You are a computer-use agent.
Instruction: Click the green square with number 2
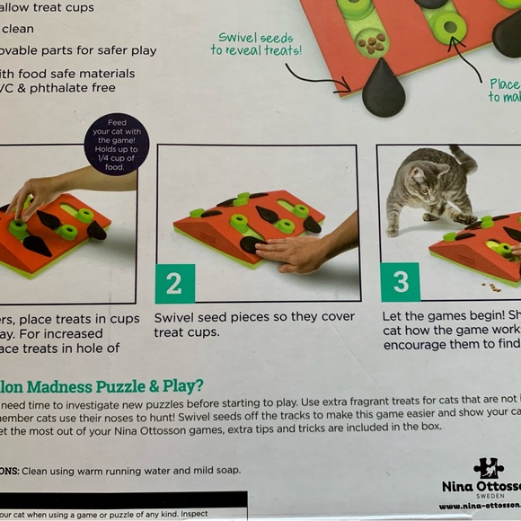tap(174, 284)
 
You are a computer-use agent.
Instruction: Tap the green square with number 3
tap(401, 283)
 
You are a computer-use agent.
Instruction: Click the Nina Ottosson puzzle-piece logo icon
tap(488, 469)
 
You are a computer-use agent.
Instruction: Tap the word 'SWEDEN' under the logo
tap(488, 497)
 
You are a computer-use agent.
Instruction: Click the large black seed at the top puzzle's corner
tap(383, 88)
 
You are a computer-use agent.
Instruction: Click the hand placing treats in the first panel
tap(34, 193)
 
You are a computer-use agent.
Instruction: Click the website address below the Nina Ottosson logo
tap(481, 508)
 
